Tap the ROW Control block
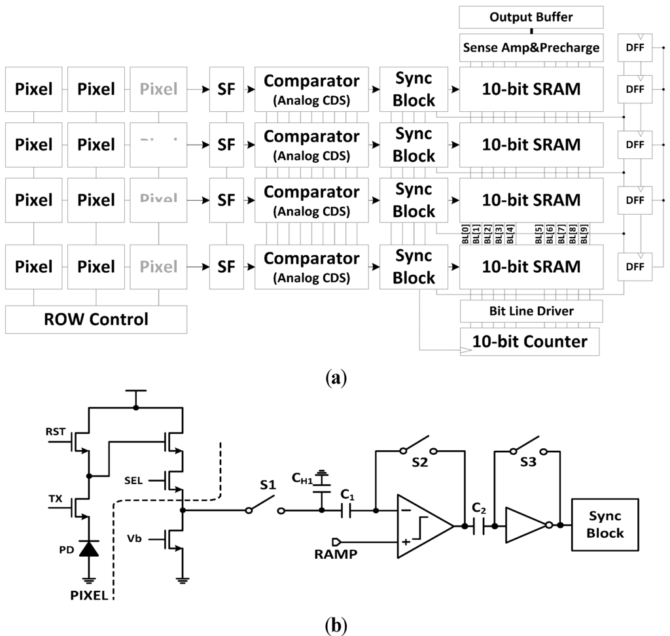(96, 320)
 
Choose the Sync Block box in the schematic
(605, 525)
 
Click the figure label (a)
(335, 378)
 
